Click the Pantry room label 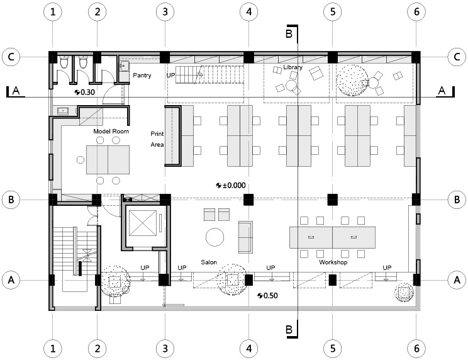tap(142, 76)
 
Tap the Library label tap(292, 67)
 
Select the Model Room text tap(111, 131)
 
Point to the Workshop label tap(333, 262)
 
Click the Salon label tap(209, 262)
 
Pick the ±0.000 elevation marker tap(231, 186)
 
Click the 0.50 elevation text tap(271, 296)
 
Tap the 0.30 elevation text tap(88, 93)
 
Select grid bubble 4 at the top tap(249, 11)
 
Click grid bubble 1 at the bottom tap(53, 349)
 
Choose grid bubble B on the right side tap(457, 200)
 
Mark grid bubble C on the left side tap(11, 57)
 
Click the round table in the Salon tap(214, 237)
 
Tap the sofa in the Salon tap(245, 237)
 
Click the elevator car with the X tap(143, 223)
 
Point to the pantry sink tap(124, 66)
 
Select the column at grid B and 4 tap(248, 200)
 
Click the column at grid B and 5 tap(333, 200)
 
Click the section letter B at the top tap(289, 33)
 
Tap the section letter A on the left tap(16, 91)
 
